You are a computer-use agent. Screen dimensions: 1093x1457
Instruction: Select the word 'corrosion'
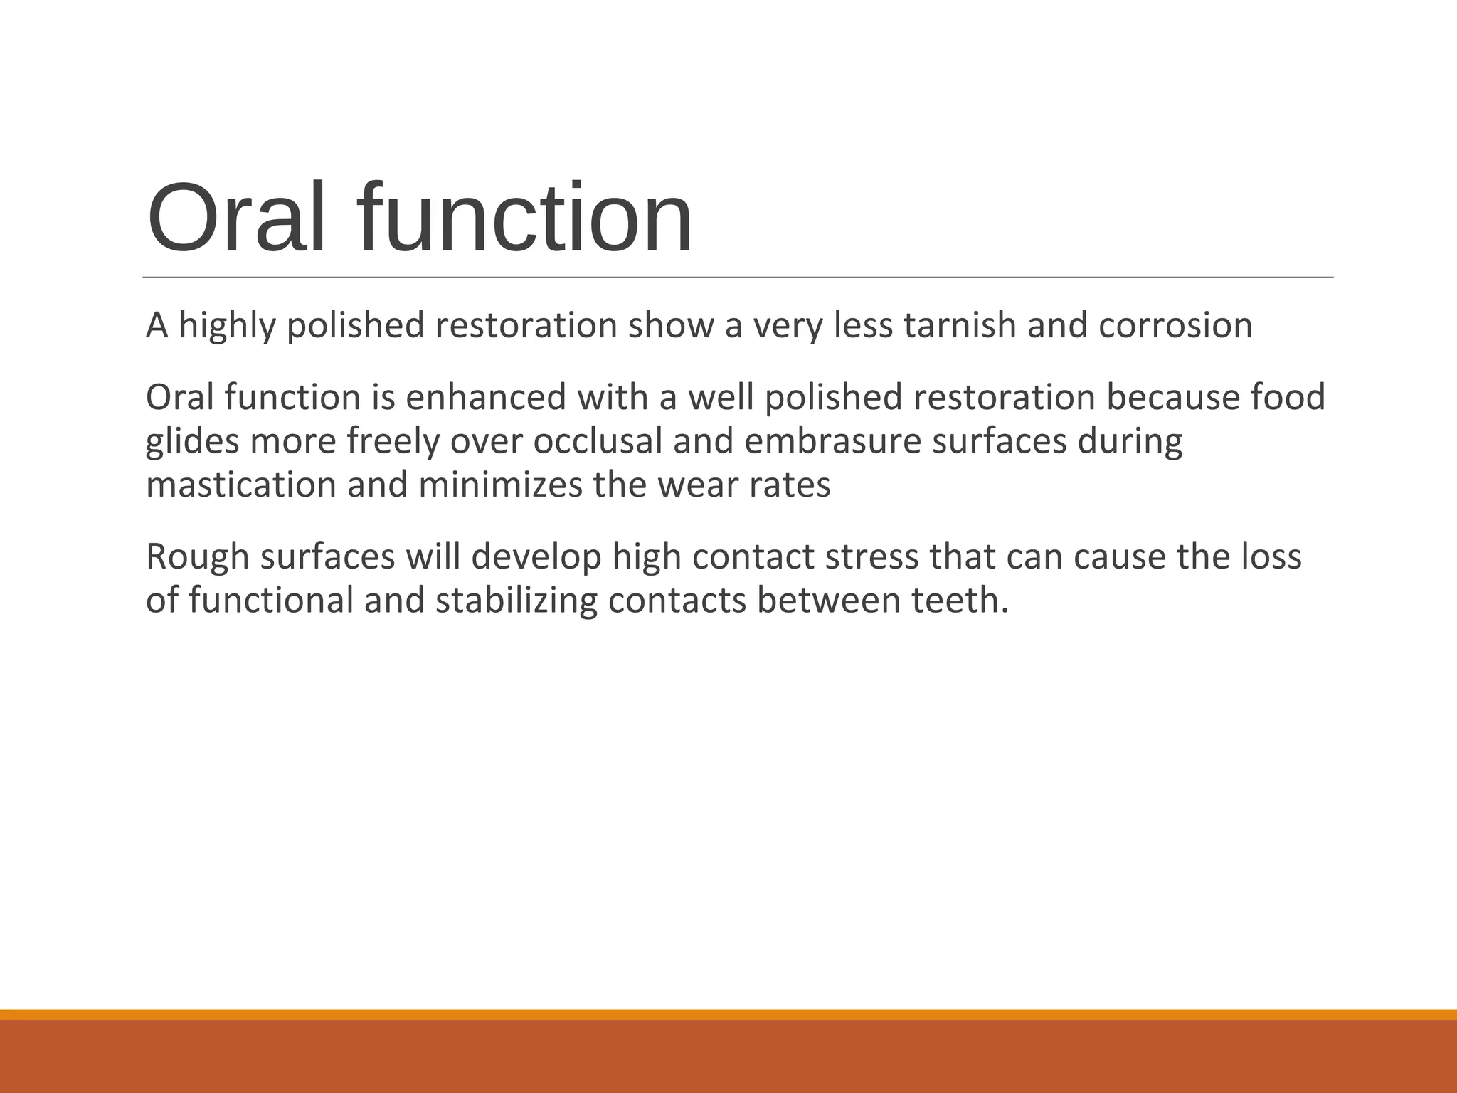click(1175, 325)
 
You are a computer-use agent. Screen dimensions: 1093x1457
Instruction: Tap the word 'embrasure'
click(833, 441)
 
